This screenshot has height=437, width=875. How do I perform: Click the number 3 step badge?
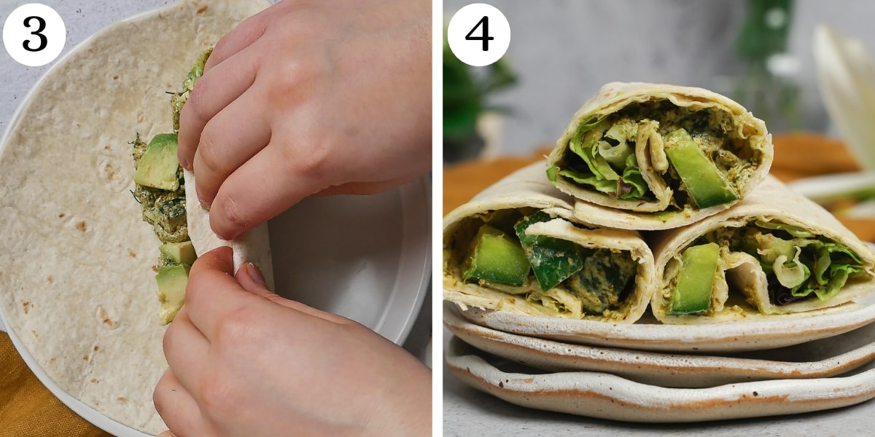point(34,34)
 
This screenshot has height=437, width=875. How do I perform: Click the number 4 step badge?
point(478,34)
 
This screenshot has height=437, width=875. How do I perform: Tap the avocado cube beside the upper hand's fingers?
point(158,162)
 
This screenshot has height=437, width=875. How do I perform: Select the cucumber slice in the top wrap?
point(699,170)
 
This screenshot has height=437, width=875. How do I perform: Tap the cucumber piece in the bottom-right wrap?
point(696,278)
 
